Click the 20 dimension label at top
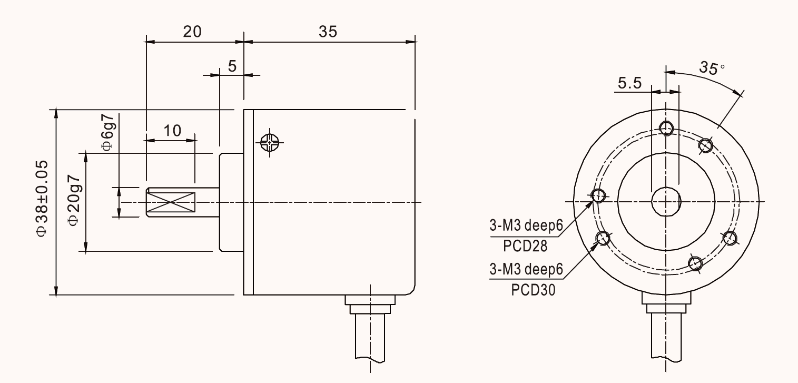(x=192, y=32)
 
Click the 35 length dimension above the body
(x=328, y=32)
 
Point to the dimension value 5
(x=232, y=66)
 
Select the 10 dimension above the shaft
(x=172, y=131)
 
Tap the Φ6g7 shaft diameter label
(x=107, y=132)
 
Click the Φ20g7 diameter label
(x=74, y=200)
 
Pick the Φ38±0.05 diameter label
(x=42, y=198)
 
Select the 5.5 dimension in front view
(x=629, y=83)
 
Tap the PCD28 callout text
(x=525, y=246)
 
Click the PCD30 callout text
(x=533, y=290)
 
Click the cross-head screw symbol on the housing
(x=269, y=143)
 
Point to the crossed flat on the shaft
(x=171, y=202)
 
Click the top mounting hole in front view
(x=666, y=128)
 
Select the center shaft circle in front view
(x=666, y=202)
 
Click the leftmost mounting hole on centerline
(x=598, y=195)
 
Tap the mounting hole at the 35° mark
(x=705, y=145)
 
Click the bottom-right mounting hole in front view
(x=695, y=264)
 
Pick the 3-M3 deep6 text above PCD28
(x=526, y=225)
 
